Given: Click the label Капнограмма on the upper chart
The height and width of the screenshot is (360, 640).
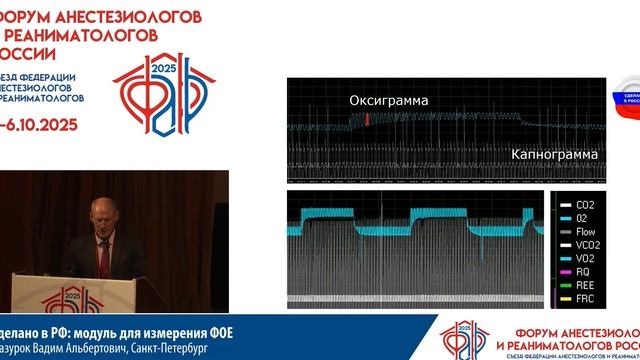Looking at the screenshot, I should [555, 155].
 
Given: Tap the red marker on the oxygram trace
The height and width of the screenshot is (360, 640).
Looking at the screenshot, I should [367, 119].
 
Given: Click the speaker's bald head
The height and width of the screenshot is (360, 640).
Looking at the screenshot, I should [105, 209].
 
